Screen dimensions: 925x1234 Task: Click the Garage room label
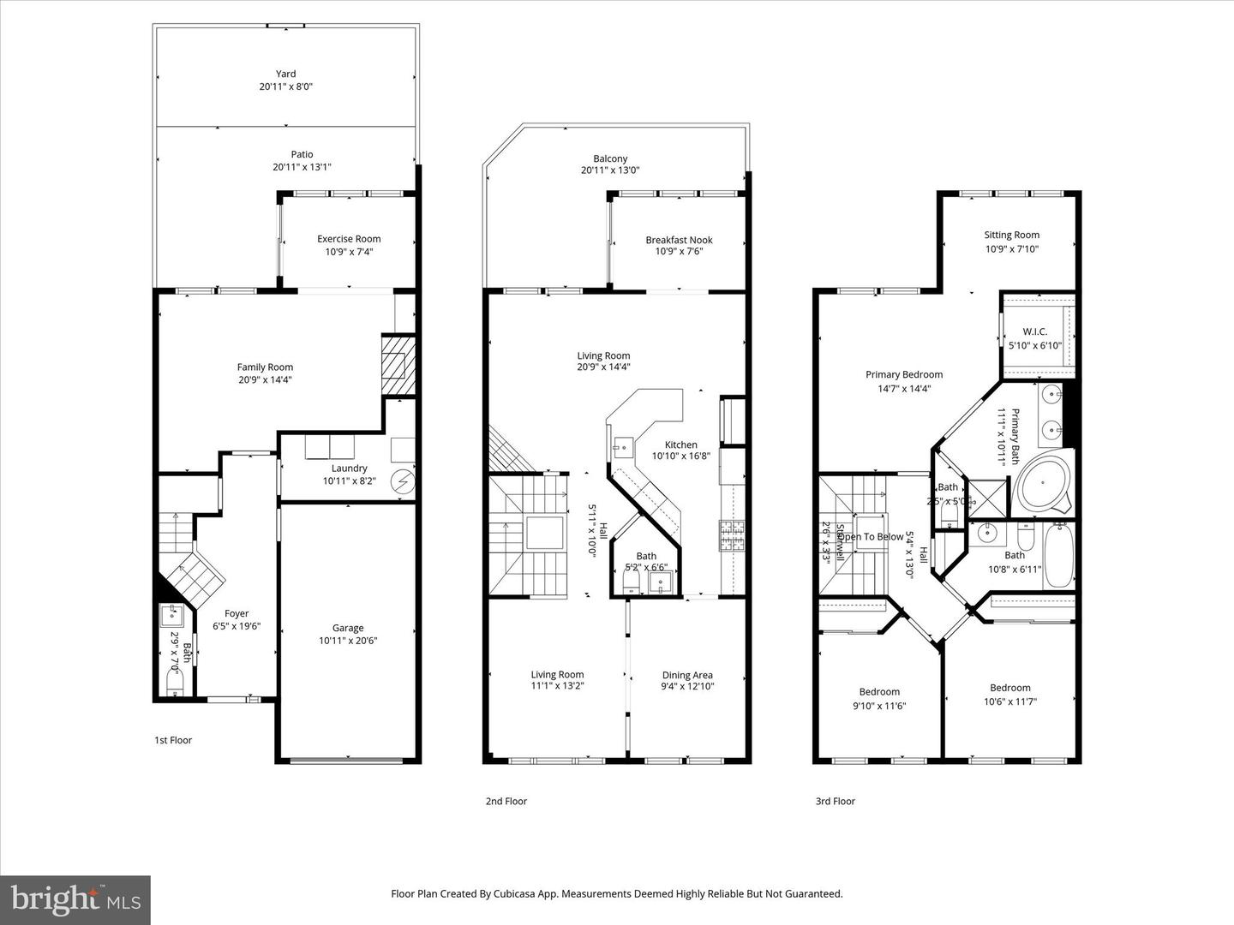[348, 628]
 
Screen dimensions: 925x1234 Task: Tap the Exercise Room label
[349, 239]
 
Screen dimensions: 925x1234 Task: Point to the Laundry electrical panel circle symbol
[402, 481]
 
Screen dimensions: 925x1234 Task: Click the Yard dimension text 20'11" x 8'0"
[285, 87]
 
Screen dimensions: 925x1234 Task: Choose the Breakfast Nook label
[679, 240]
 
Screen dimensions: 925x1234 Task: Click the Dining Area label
[687, 675]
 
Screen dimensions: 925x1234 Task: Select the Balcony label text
[610, 158]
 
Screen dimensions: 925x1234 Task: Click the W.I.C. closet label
[1034, 331]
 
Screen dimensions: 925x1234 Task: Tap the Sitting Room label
[1011, 235]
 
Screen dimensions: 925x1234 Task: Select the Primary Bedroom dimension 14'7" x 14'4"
[903, 388]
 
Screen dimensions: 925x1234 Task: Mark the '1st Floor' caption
[173, 740]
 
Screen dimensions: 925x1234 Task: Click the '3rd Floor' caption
[835, 802]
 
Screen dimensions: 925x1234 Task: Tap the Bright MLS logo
[75, 899]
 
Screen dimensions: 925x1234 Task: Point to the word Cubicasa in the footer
[516, 893]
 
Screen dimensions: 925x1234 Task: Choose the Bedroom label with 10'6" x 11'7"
[1009, 688]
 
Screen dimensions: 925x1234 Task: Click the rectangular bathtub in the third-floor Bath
[1058, 556]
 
